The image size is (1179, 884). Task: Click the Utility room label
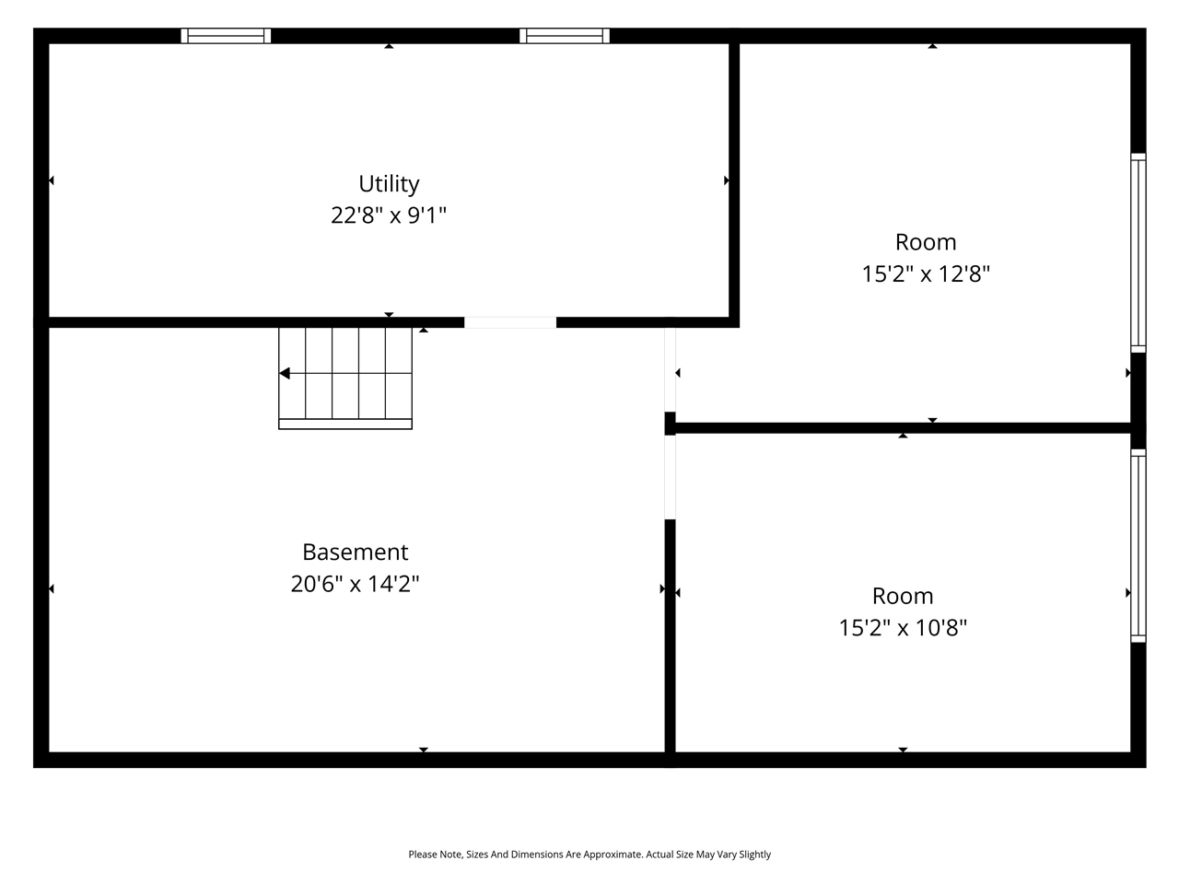[389, 183]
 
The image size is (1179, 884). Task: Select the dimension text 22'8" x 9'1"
[389, 215]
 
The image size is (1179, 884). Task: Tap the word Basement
[355, 552]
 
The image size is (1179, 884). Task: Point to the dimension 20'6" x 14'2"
[355, 584]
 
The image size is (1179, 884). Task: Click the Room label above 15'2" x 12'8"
[926, 242]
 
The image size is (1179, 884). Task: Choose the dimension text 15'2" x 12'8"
[926, 274]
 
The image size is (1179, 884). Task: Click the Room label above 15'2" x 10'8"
[903, 596]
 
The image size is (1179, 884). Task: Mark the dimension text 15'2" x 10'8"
[903, 628]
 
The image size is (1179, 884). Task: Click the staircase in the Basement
[345, 378]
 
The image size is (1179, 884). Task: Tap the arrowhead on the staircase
[285, 373]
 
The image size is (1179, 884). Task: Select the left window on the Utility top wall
[226, 36]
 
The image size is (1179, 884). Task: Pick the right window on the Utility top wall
[565, 36]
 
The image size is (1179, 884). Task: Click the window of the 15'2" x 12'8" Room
[1138, 252]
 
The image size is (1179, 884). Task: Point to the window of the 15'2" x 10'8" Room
[1138, 545]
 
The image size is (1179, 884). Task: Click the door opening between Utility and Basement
[509, 322]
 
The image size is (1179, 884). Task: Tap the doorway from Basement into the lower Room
[670, 477]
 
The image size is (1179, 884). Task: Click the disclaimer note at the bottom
[589, 855]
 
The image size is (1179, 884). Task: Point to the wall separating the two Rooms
[903, 427]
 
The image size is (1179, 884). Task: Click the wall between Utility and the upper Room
[734, 184]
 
